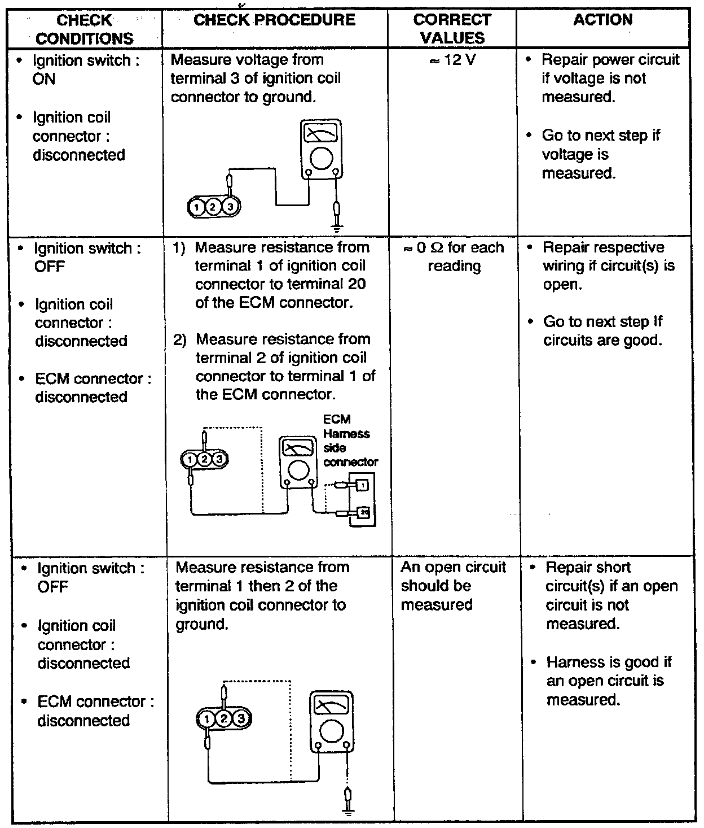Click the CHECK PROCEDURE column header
coord(275,20)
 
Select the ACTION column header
coord(602,20)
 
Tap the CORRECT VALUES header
coord(452,29)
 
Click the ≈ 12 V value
coord(452,60)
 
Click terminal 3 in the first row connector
coord(230,207)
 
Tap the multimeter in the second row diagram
coord(298,461)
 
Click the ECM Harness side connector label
coord(350,441)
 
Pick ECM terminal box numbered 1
coord(362,485)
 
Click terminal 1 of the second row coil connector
coord(191,460)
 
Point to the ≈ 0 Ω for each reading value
coord(454,256)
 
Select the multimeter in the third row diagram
coord(332,721)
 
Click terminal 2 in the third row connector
coord(225,718)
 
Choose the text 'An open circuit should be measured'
coord(453,586)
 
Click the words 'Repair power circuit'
coord(610,60)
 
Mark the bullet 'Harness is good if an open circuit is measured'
coord(609,681)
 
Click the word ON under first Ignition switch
coord(44,79)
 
